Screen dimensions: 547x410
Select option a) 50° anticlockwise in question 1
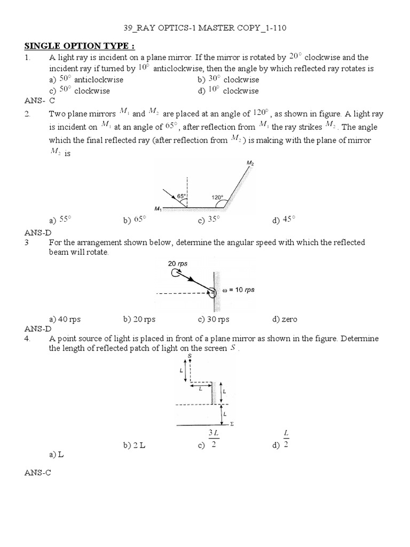click(86, 80)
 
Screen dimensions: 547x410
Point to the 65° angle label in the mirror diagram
click(182, 197)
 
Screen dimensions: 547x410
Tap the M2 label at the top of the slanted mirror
click(250, 162)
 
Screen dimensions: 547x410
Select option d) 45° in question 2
click(283, 220)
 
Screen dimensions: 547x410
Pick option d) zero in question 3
click(285, 319)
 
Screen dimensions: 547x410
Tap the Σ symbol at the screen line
click(232, 424)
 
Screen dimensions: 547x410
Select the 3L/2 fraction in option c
click(212, 439)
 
